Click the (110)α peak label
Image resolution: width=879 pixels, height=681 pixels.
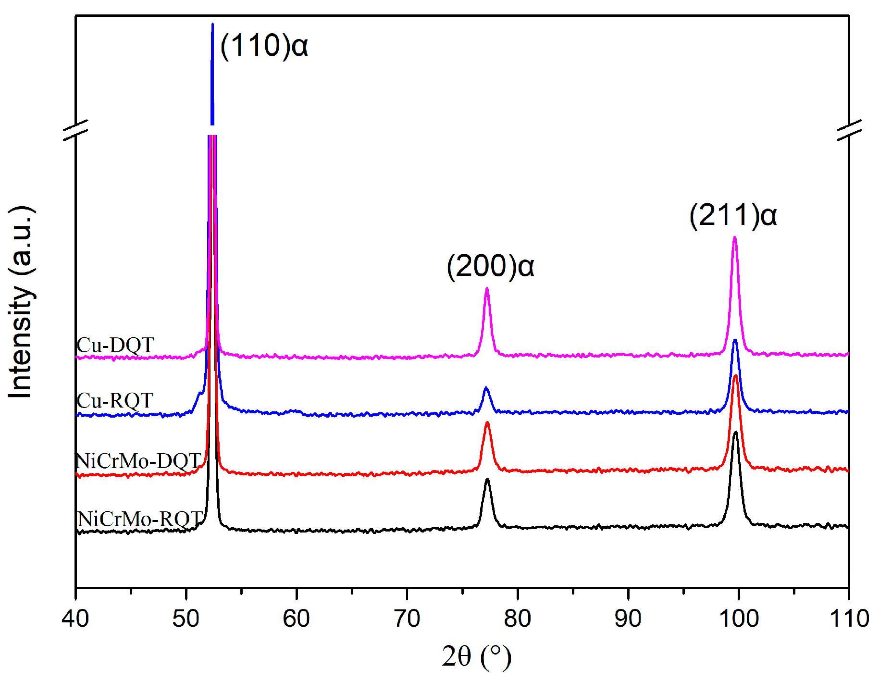point(263,46)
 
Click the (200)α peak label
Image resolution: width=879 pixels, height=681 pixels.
point(490,266)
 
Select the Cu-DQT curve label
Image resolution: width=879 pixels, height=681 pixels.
point(115,345)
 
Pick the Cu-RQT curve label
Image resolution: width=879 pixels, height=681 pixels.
point(115,400)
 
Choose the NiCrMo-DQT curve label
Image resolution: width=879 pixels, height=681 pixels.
point(138,461)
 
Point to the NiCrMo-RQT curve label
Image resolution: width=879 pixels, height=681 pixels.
point(140,519)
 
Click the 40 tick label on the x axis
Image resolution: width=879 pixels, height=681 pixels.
point(75,619)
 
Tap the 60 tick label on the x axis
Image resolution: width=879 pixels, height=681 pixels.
point(297,619)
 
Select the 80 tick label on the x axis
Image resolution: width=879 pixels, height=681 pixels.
point(518,619)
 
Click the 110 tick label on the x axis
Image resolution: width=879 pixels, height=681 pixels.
point(849,619)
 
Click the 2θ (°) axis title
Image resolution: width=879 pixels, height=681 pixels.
point(476,656)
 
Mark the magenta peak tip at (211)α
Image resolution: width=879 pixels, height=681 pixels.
point(734,237)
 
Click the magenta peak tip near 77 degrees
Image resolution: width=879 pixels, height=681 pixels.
point(487,289)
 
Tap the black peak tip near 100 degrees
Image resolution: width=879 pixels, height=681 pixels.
point(735,433)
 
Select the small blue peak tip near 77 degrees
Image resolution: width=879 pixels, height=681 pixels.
point(486,388)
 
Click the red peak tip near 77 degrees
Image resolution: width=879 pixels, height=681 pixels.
point(487,423)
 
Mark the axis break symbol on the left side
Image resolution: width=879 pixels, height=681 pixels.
point(76,130)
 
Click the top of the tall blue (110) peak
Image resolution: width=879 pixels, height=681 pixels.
point(212,24)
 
